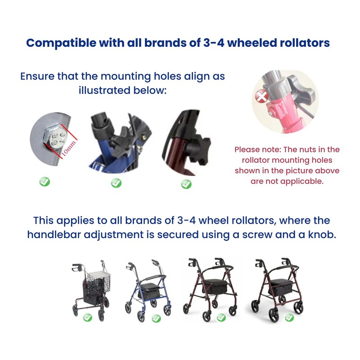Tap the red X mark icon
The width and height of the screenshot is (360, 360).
click(261, 97)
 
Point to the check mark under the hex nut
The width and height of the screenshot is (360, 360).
click(45, 182)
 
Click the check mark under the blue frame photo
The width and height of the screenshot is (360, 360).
click(116, 183)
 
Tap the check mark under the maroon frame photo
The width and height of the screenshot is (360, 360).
click(186, 184)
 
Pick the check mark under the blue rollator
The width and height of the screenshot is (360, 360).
click(156, 318)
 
